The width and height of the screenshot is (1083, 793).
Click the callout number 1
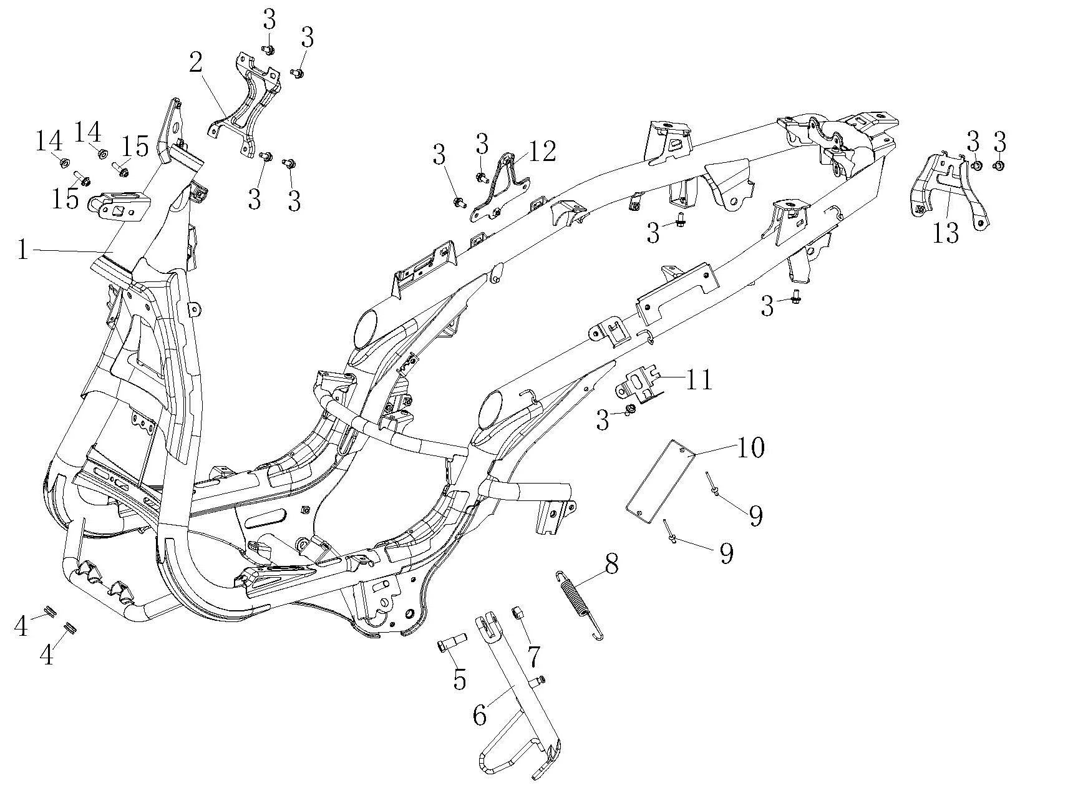coord(23,251)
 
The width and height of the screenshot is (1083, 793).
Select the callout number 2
coord(196,62)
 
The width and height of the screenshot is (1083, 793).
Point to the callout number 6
coord(479,716)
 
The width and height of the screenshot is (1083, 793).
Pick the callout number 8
coord(611,564)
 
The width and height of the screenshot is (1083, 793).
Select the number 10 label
coord(750,447)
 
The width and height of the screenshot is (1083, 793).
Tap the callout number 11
coord(699,379)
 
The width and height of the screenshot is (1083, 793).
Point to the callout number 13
coord(945,233)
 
